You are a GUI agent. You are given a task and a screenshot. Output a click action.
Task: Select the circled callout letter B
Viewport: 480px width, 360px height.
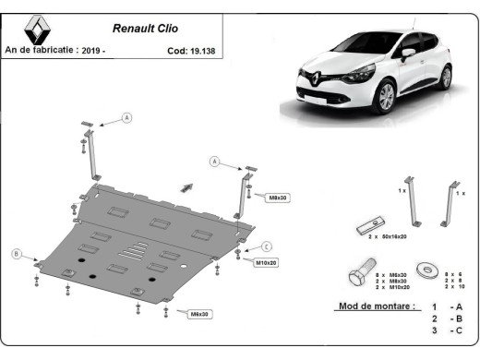tap(16, 254)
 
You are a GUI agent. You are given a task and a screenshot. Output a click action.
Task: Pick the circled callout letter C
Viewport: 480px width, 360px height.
tap(266, 246)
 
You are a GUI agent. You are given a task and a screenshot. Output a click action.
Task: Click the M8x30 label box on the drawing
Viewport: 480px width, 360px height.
tap(278, 197)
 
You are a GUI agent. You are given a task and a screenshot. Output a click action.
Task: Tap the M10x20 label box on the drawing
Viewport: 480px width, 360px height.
tap(266, 263)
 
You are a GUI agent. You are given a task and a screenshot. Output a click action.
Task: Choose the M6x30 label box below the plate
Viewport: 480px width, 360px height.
tap(199, 314)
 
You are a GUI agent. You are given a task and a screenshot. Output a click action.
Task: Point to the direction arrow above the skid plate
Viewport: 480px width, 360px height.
tap(188, 187)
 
